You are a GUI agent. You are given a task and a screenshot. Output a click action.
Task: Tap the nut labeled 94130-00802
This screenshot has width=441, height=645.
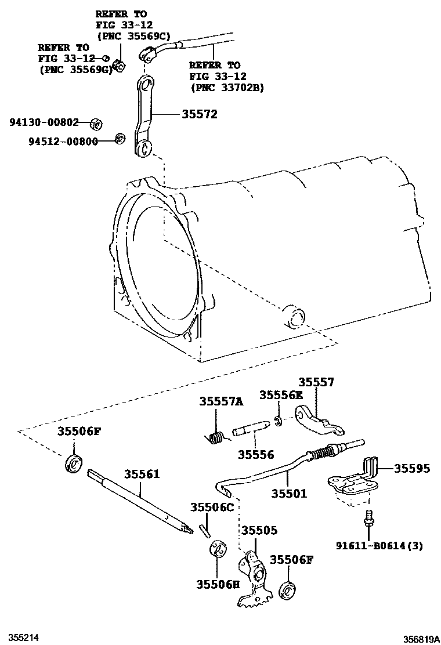(x=97, y=124)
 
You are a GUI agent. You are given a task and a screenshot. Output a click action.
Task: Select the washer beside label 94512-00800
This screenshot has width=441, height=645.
(x=120, y=139)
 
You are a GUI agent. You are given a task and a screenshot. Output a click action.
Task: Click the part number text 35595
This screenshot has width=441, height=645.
(x=413, y=468)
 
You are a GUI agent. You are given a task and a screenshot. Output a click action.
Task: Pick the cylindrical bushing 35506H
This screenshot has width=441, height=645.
(x=218, y=549)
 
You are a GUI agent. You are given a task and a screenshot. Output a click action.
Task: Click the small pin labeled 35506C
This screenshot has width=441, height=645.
(x=203, y=529)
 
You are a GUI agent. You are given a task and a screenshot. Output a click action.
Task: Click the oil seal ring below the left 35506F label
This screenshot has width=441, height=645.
(x=75, y=464)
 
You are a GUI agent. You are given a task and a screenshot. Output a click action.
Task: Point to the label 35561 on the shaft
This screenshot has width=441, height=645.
(x=141, y=474)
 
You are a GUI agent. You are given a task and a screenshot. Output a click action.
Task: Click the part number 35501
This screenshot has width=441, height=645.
(x=289, y=494)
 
